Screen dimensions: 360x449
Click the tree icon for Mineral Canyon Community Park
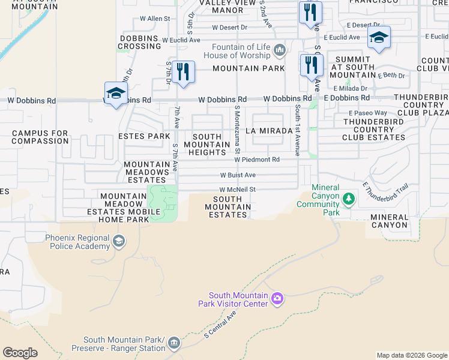click(x=348, y=198)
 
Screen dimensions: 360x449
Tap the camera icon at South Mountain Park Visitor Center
click(x=277, y=298)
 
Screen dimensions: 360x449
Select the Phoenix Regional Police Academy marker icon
click(x=119, y=242)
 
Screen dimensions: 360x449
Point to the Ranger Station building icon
click(x=173, y=343)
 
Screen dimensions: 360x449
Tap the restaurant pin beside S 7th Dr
click(x=184, y=73)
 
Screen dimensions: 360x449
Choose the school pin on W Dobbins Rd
click(x=116, y=93)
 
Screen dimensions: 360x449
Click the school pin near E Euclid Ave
click(x=379, y=37)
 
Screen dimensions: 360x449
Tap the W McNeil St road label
click(x=238, y=189)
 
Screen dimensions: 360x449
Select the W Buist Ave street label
click(x=238, y=175)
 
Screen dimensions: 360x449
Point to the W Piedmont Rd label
click(x=257, y=160)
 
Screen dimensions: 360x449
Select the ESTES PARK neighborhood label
click(x=145, y=136)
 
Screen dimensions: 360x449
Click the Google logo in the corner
click(x=20, y=353)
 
